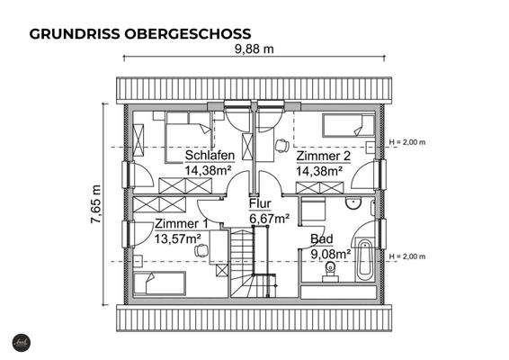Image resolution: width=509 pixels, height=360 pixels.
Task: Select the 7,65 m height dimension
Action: click(96, 206)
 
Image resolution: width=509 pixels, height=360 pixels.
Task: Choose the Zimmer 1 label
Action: click(181, 224)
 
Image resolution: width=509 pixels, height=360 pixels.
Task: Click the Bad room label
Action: click(321, 239)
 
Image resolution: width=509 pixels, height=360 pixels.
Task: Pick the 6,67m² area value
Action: click(269, 219)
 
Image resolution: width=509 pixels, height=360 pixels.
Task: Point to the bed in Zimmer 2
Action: click(349, 127)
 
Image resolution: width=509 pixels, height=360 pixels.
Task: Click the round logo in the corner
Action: click(20, 343)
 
